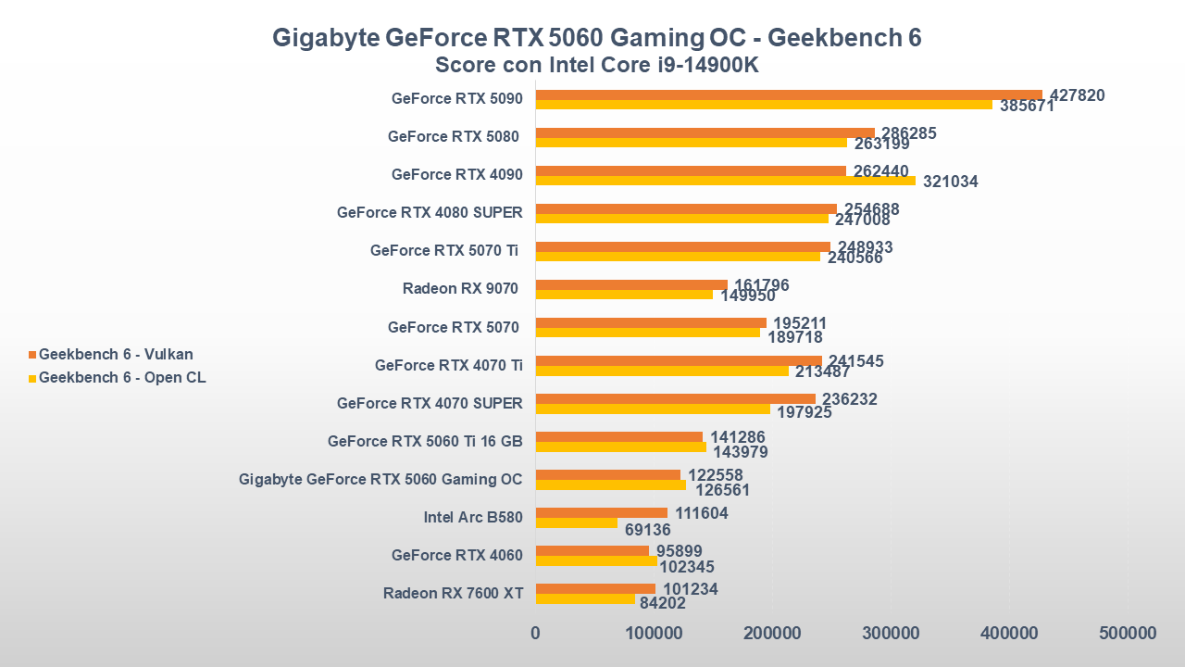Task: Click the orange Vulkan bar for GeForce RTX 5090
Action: [x=789, y=94]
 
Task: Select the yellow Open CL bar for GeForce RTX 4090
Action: [x=726, y=181]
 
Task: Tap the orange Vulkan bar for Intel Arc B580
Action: [x=602, y=512]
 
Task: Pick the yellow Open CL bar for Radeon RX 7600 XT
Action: [x=585, y=598]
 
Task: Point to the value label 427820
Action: [x=1077, y=95]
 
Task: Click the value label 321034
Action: [x=950, y=182]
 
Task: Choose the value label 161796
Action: [x=761, y=285]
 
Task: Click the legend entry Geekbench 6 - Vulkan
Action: [x=116, y=354]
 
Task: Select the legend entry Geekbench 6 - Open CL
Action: [x=122, y=377]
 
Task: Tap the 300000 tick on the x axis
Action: [x=891, y=634]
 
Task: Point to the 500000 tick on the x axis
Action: [x=1128, y=634]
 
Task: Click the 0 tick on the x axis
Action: [x=536, y=634]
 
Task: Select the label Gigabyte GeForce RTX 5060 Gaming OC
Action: [x=380, y=479]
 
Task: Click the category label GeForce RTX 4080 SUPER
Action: [x=430, y=212]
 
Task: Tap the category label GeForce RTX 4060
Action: [x=456, y=555]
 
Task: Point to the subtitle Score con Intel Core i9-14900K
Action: [x=597, y=65]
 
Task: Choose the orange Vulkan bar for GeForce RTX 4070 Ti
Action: [x=679, y=360]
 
